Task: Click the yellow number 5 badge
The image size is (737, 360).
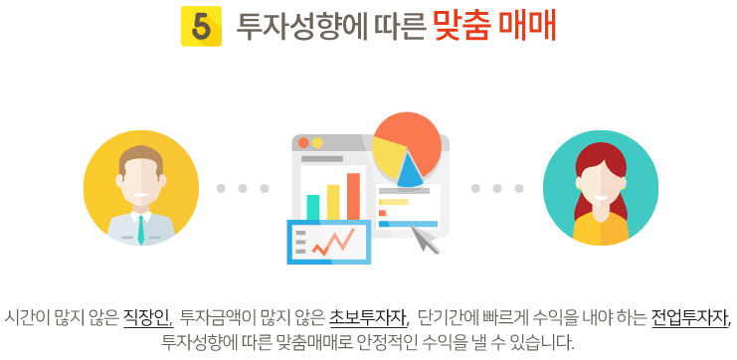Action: click(x=201, y=26)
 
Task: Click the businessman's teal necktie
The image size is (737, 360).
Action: click(x=140, y=230)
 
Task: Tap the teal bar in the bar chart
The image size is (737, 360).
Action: click(x=313, y=207)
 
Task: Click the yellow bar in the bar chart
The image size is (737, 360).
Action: click(x=333, y=202)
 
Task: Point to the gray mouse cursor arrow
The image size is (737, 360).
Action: click(x=425, y=240)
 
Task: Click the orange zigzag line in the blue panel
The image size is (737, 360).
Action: click(x=334, y=242)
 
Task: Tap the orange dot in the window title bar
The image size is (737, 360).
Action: click(x=303, y=143)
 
